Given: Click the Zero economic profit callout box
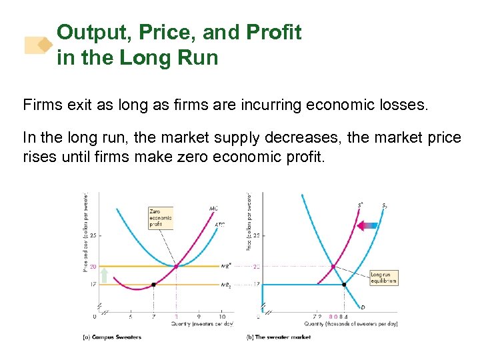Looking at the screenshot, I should coord(160,218).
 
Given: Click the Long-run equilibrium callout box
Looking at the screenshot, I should coord(383,277).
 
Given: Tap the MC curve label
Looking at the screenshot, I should coord(213,209).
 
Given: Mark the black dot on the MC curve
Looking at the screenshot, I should coord(153,285).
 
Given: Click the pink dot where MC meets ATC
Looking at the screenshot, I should coord(176,266).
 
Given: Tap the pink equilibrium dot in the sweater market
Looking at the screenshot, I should coord(333,266).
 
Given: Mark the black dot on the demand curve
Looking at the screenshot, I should coord(344,285).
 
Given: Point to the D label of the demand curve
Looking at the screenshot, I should coord(362,307).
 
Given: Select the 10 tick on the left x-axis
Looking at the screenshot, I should coord(222,317).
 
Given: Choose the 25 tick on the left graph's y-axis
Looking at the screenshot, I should coord(93,235).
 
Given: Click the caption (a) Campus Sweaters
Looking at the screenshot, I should coord(111,337).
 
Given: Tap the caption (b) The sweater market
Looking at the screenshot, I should coord(279,337).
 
